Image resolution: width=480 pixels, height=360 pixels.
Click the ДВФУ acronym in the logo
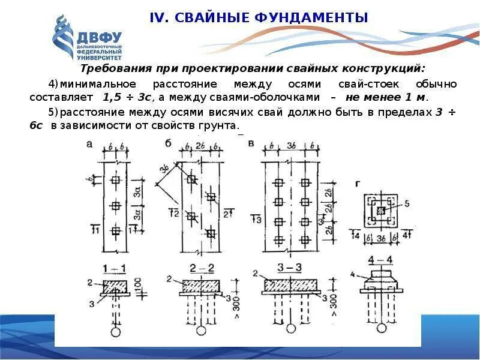(x=99, y=37)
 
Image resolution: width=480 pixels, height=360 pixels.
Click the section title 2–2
(x=200, y=268)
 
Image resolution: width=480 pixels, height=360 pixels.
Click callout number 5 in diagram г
(x=407, y=205)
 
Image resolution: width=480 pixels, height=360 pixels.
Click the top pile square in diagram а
(x=116, y=181)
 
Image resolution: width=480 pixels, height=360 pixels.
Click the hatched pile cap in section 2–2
(x=200, y=286)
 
